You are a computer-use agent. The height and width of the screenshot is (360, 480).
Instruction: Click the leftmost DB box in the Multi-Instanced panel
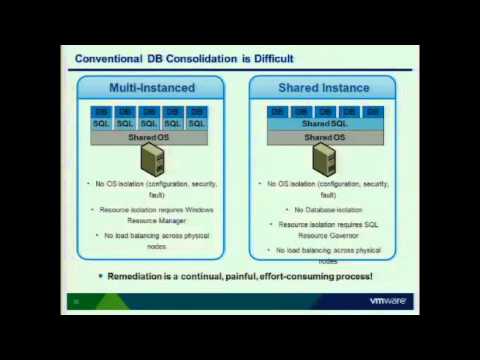point(101,112)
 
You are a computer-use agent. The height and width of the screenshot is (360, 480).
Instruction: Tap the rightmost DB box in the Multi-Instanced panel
point(197,112)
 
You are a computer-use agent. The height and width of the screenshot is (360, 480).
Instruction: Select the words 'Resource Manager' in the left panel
point(149,222)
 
